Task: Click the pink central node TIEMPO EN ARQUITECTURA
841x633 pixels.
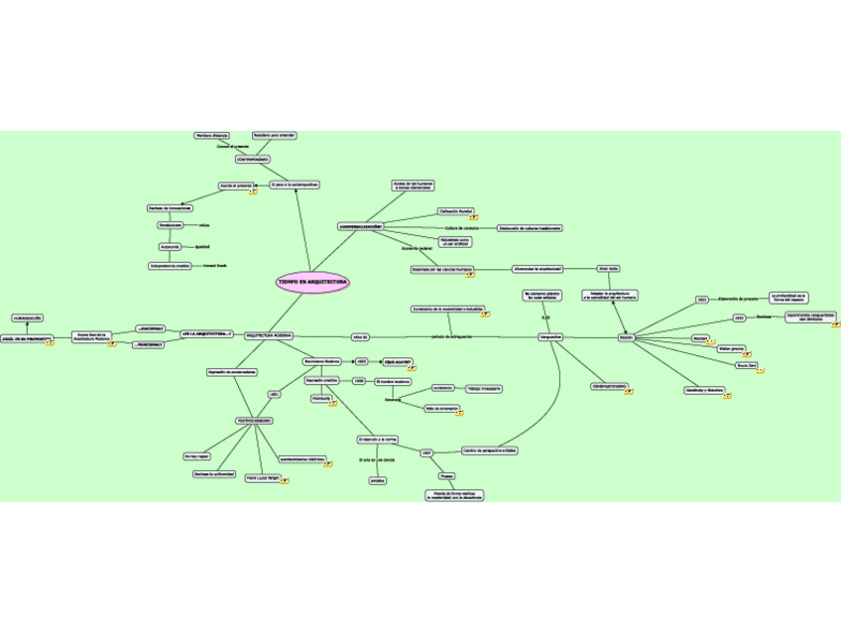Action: (x=312, y=283)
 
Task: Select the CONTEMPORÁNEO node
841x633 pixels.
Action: (x=252, y=159)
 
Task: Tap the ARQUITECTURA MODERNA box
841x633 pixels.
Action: (x=268, y=336)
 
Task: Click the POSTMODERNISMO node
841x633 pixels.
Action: (x=254, y=421)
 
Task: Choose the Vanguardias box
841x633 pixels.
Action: (x=550, y=337)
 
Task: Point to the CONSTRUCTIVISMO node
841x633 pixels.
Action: (x=608, y=386)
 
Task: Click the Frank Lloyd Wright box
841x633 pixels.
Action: (x=262, y=477)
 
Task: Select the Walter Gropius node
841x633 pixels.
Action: (x=732, y=348)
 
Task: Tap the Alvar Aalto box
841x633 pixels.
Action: (x=608, y=268)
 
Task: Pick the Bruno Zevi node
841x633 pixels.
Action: (x=746, y=365)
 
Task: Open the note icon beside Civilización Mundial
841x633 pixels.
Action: (x=473, y=216)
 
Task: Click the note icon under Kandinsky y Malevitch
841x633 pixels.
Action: (x=727, y=396)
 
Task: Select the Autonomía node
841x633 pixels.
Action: (x=170, y=246)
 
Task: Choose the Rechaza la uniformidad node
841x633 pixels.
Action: (x=214, y=474)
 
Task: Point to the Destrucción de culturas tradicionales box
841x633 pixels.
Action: (x=529, y=228)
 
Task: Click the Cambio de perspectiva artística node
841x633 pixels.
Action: (x=490, y=450)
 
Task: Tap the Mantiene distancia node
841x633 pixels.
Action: (x=211, y=135)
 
